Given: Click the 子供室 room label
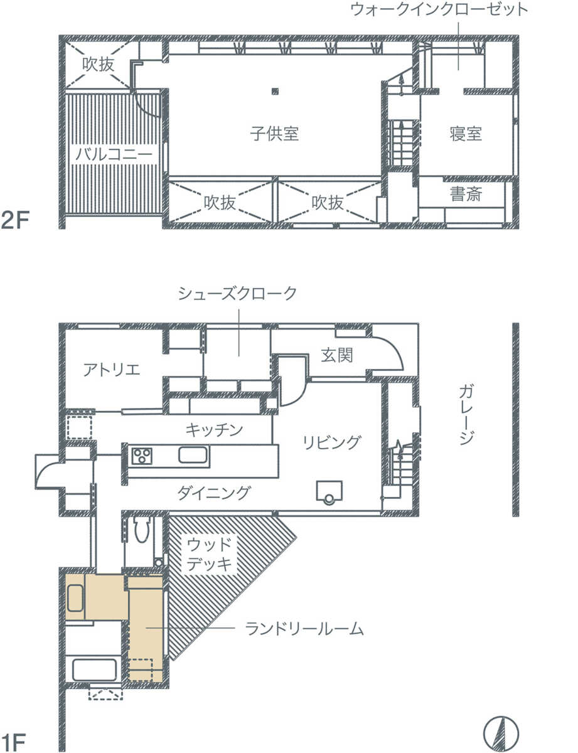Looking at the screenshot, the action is (274, 134).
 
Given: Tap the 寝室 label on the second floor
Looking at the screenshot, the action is (466, 134).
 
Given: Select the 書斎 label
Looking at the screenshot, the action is (466, 194).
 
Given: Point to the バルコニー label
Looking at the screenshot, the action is (114, 154).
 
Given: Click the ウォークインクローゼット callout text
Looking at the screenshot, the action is (439, 9).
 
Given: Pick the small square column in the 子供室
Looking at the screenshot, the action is (275, 92).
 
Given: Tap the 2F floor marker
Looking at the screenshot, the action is (15, 220).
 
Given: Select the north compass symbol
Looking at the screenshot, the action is (501, 732).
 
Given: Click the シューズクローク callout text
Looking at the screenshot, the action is (237, 294).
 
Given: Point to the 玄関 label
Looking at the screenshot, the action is (337, 355).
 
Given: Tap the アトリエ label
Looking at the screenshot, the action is (112, 370).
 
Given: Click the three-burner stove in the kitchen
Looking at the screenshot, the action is (142, 456).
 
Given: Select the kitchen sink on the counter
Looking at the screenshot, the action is (194, 455).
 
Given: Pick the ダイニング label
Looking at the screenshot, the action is (214, 492).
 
